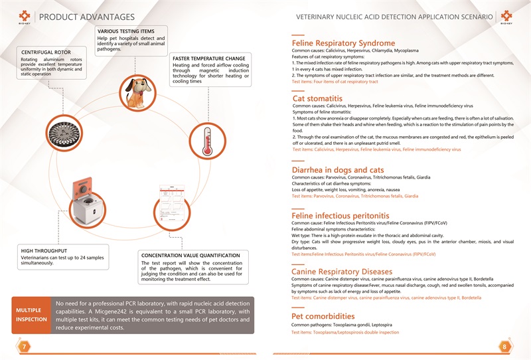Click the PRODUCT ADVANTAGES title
pyautogui.click(x=87, y=16)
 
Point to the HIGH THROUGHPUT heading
pyautogui.click(x=45, y=250)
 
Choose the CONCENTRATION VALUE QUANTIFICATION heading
pyautogui.click(x=190, y=255)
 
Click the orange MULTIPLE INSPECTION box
pyautogui.click(x=31, y=314)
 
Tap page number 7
pyautogui.click(x=24, y=346)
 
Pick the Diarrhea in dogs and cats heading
pyautogui.click(x=338, y=170)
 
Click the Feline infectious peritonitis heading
pyautogui.click(x=341, y=216)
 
